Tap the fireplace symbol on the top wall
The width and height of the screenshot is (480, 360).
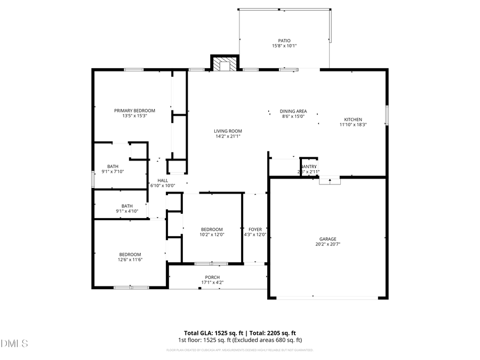pyautogui.click(x=225, y=64)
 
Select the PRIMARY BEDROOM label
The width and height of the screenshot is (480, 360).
pyautogui.click(x=134, y=110)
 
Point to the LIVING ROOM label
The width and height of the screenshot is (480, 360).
pyautogui.click(x=228, y=131)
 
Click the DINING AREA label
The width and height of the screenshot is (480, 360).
pyautogui.click(x=293, y=111)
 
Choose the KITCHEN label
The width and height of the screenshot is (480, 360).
pyautogui.click(x=353, y=119)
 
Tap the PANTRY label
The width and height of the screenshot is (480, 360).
pyautogui.click(x=308, y=166)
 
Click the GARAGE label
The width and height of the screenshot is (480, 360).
pyautogui.click(x=328, y=239)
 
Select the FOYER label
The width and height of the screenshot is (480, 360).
pyautogui.click(x=255, y=229)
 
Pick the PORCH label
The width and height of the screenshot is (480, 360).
pyautogui.click(x=212, y=277)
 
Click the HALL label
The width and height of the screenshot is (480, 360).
pyautogui.click(x=163, y=180)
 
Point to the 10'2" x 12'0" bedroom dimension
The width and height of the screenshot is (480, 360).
pyautogui.click(x=212, y=235)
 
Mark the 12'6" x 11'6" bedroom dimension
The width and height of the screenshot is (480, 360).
pyautogui.click(x=130, y=260)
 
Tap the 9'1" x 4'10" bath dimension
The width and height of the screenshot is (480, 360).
pyautogui.click(x=127, y=211)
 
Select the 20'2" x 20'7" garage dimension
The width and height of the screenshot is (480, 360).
pyautogui.click(x=328, y=244)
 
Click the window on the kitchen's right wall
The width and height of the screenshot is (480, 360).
pyautogui.click(x=387, y=115)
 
